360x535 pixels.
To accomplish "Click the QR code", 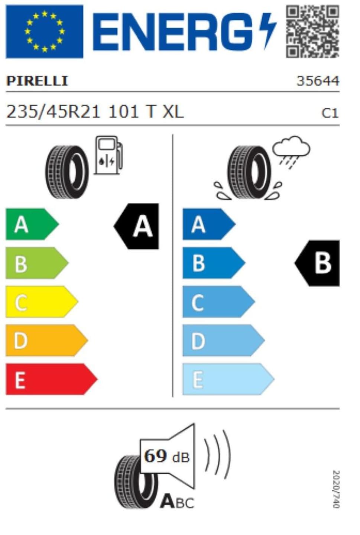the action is click(312, 32).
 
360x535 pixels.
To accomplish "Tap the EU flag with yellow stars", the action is click(45, 32).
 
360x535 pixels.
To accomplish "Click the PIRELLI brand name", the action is click(37, 81).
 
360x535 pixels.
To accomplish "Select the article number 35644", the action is click(318, 81).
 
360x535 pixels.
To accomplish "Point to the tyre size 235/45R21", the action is click(53, 112).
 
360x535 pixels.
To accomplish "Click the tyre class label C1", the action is click(330, 113).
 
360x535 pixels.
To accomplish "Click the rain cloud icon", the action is click(291, 152).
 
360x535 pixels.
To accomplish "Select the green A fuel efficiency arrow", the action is click(32, 224).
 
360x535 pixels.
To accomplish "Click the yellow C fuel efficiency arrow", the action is click(42, 302).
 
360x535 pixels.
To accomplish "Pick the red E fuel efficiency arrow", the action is click(51, 379).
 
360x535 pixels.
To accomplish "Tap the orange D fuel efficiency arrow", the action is click(46, 340).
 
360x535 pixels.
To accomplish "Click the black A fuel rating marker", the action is click(136, 226).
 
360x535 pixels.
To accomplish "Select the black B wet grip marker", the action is click(317, 263).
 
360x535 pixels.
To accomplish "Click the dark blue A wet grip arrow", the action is click(209, 224).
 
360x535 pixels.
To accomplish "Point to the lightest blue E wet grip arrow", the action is click(228, 379).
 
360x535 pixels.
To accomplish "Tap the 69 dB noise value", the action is click(167, 456).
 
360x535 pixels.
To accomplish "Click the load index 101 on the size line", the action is click(123, 112).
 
